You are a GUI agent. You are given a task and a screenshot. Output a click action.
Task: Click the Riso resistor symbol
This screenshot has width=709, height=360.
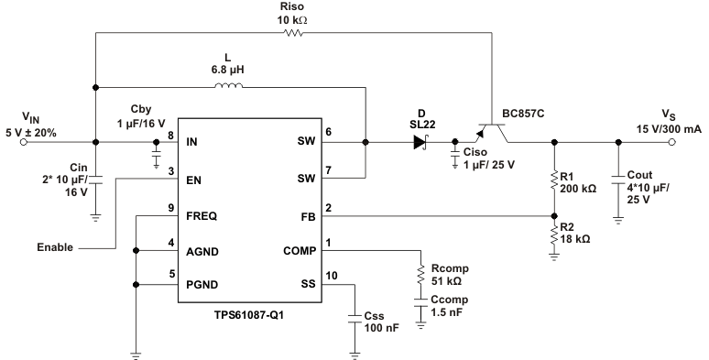coord(294,34)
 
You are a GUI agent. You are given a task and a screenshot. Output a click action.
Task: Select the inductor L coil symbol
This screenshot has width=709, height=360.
coord(229,88)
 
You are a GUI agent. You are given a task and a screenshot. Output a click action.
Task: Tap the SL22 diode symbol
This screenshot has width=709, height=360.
coord(422,142)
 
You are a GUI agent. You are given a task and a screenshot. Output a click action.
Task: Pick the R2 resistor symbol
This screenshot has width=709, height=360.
coord(553,237)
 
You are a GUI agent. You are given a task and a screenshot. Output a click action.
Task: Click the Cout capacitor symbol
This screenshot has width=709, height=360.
coord(619,175)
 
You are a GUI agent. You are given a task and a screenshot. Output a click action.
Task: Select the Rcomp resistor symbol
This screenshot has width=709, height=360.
coord(420,274)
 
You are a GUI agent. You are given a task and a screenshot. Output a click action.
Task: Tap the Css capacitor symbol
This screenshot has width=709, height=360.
coord(354,318)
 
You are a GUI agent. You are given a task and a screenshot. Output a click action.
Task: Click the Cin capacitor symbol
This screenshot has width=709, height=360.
coord(96,179)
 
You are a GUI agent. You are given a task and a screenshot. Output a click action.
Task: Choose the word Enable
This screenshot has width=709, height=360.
coord(56,247)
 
